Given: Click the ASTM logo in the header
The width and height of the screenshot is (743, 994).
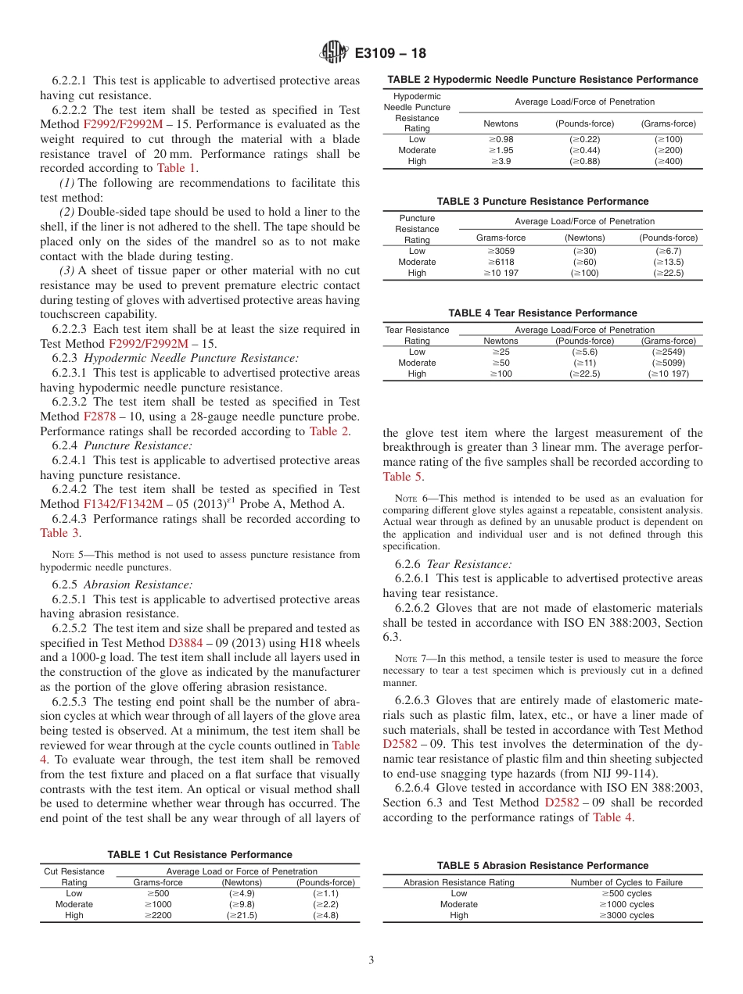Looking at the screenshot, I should pos(334,53).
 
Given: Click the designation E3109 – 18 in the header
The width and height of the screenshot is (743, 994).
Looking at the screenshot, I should pos(390,54).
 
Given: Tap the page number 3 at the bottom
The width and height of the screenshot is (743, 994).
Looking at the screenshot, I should pos(371,960).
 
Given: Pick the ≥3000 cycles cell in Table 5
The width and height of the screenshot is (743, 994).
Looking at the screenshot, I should pos(626,915).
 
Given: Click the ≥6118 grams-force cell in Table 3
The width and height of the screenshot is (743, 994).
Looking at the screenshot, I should pos(501,262).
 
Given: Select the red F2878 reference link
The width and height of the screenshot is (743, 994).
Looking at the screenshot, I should pos(99,417).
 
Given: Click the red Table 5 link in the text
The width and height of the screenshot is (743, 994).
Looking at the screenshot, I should pos(403,476).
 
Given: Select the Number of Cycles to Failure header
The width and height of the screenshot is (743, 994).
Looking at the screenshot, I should pos(626,882).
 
